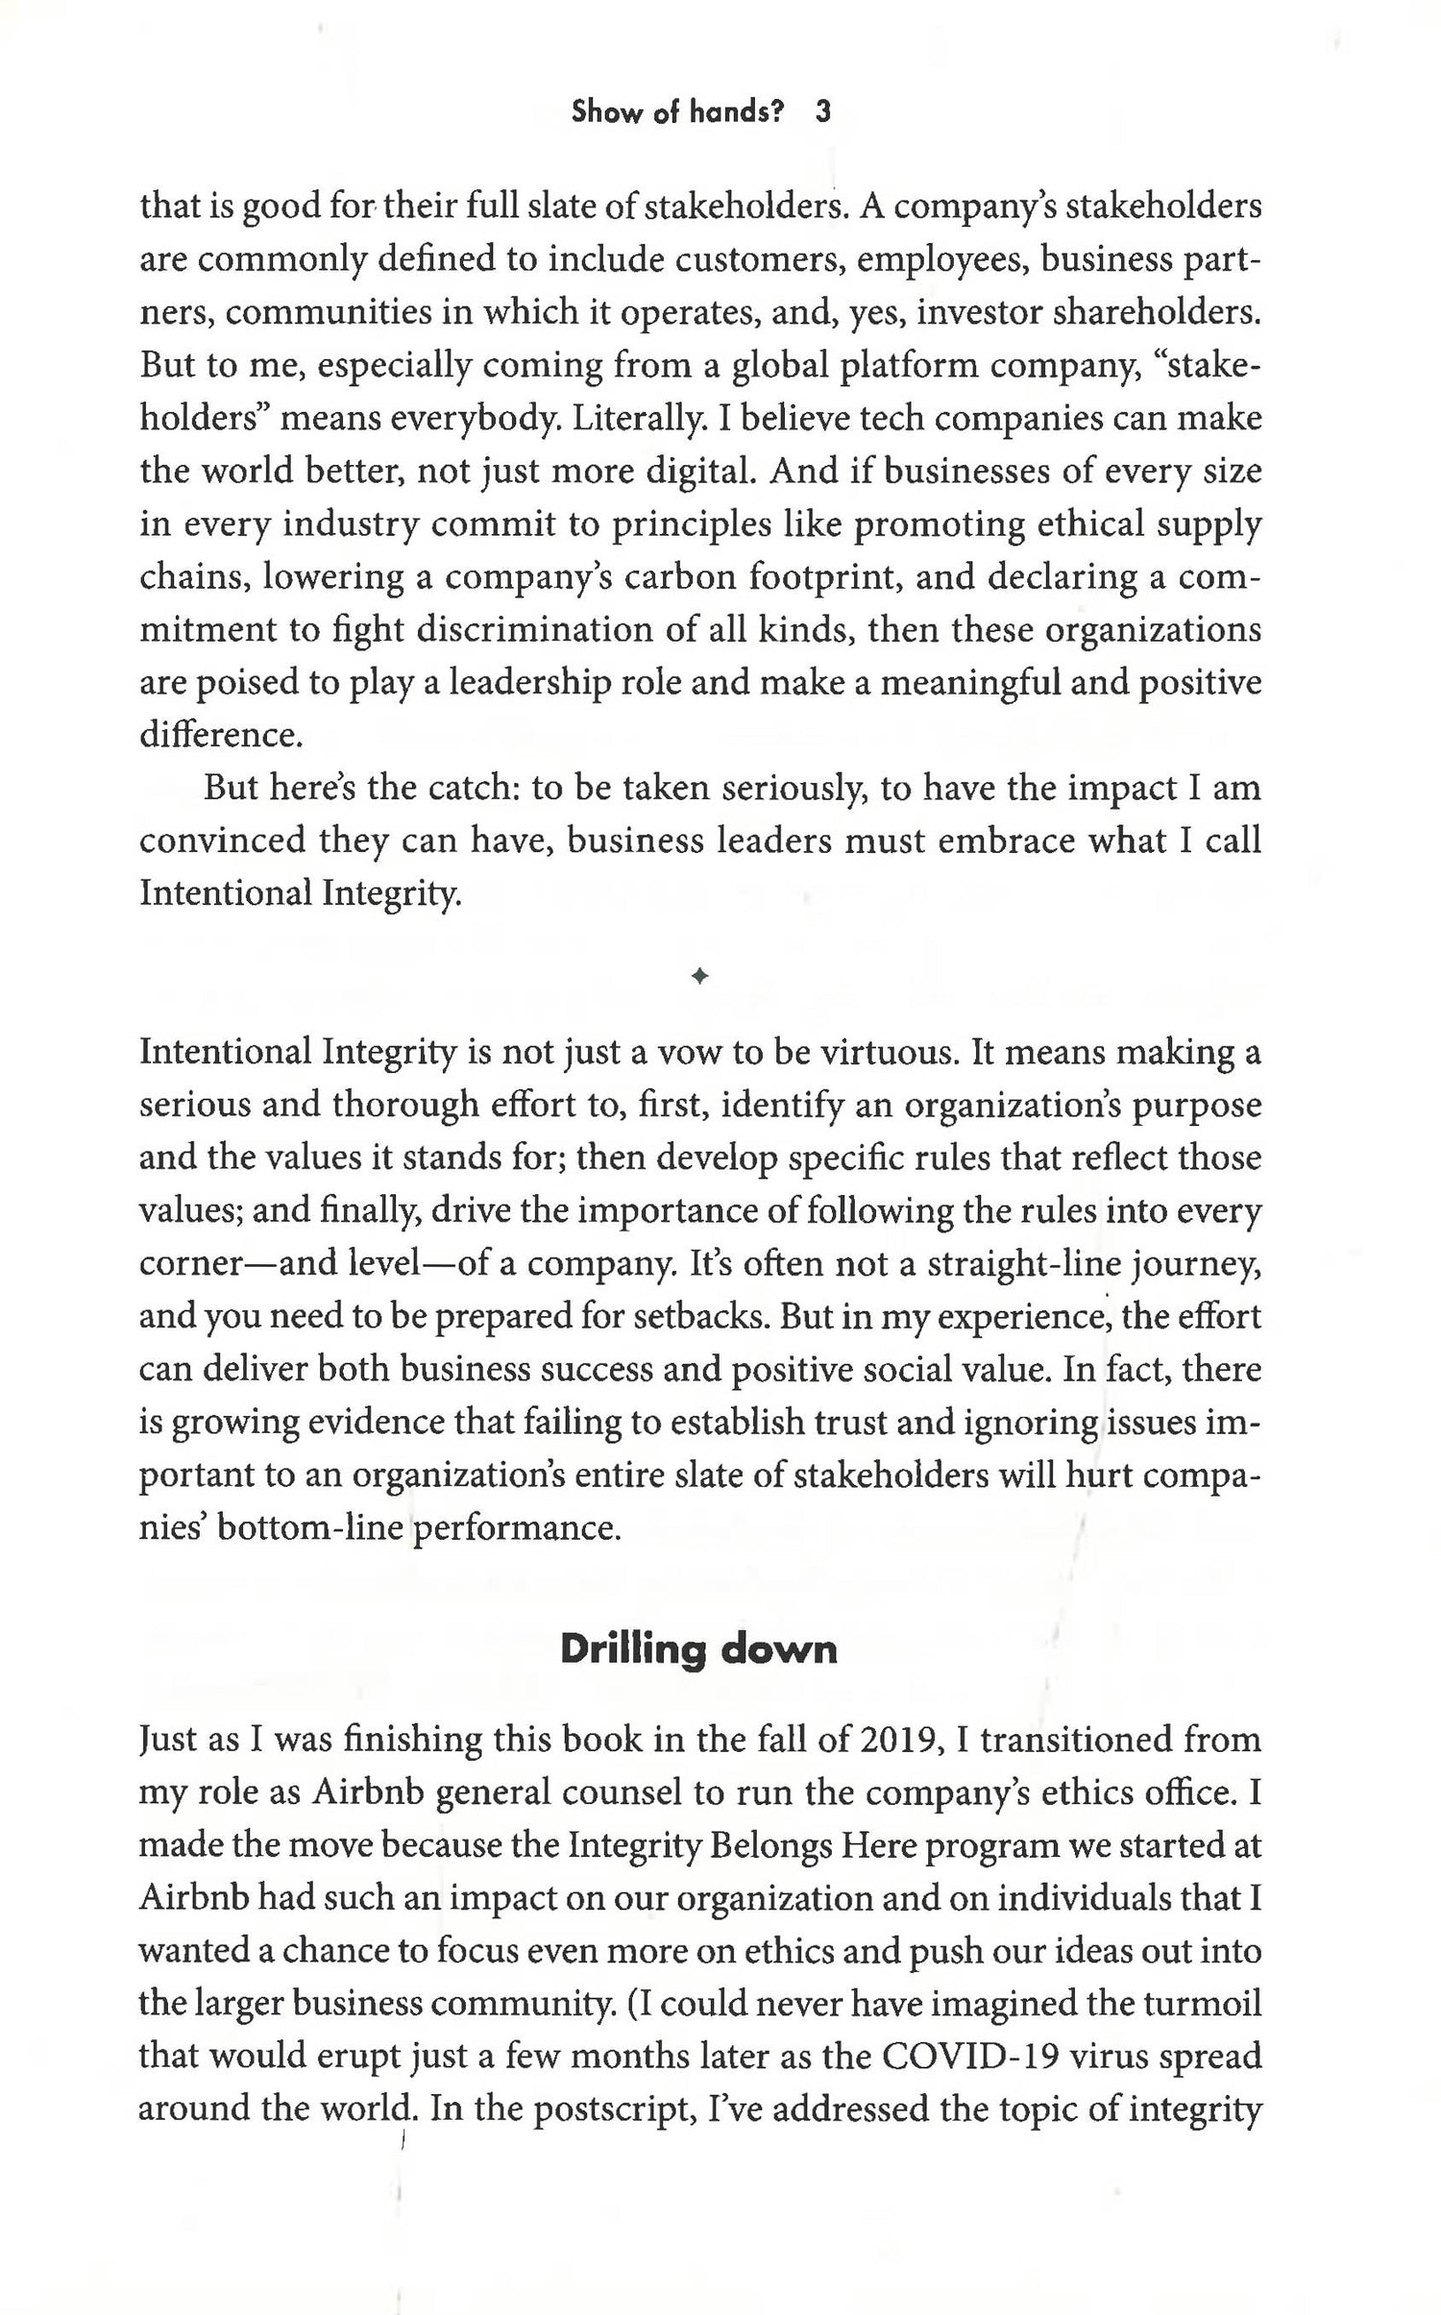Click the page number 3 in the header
click(x=822, y=112)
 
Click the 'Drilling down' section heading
click(x=697, y=1649)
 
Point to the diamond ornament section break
click(x=699, y=977)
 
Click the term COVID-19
click(x=970, y=2058)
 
